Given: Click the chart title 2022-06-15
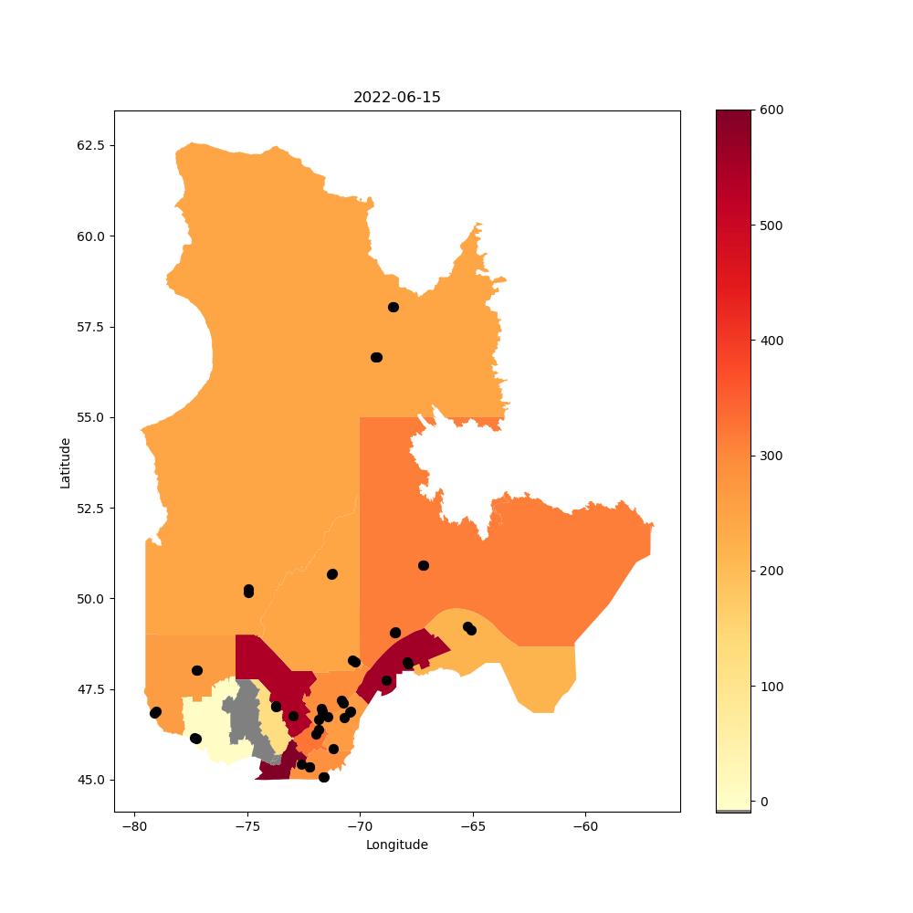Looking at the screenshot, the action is [396, 98].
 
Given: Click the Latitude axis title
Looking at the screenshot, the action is [65, 464].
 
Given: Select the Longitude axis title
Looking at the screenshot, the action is [396, 845].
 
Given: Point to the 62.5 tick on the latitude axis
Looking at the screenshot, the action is [90, 145].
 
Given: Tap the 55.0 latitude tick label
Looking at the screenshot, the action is [90, 417].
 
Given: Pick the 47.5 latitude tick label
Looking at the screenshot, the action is [90, 689].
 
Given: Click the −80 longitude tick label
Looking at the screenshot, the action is [134, 827].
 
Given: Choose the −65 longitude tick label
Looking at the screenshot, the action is [473, 827].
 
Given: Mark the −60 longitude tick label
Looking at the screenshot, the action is [585, 827].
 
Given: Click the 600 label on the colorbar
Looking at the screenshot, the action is [771, 110].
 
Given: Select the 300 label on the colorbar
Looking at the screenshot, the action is [771, 456].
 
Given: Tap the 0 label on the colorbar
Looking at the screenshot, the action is [764, 802].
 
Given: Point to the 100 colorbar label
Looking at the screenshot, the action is [771, 687].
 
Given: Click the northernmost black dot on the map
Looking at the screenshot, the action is [394, 307].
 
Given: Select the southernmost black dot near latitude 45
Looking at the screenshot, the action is [324, 777].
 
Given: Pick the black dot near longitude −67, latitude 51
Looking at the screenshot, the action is [424, 565].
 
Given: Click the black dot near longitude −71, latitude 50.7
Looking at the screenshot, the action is [332, 574].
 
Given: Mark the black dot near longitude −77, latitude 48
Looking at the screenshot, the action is [197, 670].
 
